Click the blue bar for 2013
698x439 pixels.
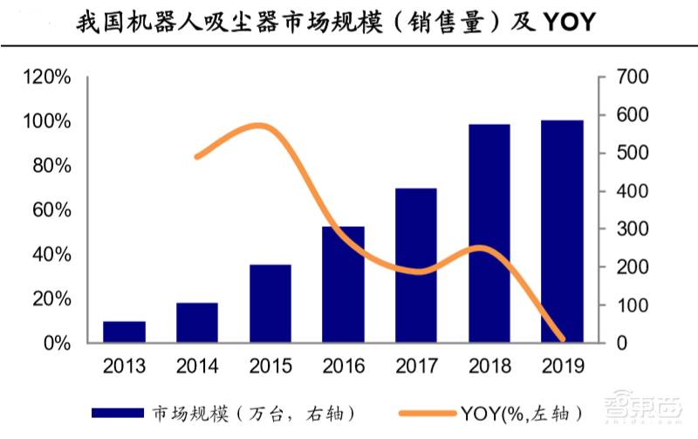point(124,333)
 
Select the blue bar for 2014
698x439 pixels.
point(197,323)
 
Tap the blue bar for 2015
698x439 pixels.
point(270,304)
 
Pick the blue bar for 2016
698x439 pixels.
point(343,285)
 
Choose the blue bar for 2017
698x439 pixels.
point(416,265)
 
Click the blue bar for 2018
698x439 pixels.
point(489,234)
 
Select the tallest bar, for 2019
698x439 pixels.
point(562,231)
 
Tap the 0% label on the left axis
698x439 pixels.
point(57,343)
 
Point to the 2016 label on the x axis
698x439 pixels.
point(343,365)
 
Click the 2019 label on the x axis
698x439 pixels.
point(562,365)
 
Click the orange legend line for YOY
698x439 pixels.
point(423,411)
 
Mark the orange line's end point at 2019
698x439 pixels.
point(562,339)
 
